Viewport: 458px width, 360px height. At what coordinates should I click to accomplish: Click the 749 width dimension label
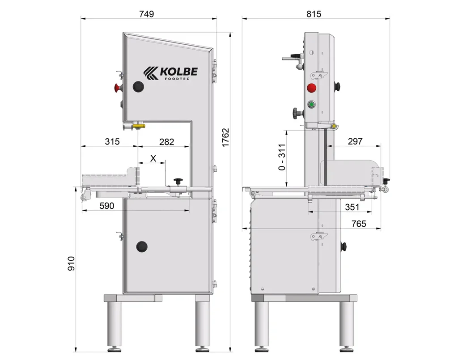[146, 14]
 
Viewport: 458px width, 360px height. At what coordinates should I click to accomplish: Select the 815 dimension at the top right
[314, 14]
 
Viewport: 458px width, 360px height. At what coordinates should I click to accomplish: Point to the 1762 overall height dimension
[225, 138]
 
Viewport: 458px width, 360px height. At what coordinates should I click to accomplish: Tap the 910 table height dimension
[71, 263]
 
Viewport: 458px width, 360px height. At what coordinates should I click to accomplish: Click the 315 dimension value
[112, 142]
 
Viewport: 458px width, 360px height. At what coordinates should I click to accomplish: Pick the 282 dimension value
[166, 142]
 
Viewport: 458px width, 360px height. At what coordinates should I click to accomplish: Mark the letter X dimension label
[153, 158]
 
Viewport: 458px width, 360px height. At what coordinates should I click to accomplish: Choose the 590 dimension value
[106, 206]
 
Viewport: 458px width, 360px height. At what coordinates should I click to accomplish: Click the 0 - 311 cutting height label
[282, 157]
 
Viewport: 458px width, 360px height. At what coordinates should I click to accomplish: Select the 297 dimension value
[355, 141]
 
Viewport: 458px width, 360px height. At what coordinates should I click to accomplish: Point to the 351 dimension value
[352, 207]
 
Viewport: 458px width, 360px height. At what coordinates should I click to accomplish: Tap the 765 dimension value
[359, 224]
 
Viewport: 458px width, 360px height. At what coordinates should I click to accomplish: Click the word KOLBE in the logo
[179, 72]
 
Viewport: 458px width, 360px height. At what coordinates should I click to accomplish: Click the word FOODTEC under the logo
[177, 79]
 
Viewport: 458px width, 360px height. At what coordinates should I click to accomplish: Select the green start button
[311, 104]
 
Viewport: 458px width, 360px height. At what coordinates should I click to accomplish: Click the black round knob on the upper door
[139, 87]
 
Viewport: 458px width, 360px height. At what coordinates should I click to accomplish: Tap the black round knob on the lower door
[142, 247]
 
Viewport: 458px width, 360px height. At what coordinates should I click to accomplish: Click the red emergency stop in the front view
[118, 88]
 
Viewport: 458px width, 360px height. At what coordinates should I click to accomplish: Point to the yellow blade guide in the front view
[139, 126]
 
